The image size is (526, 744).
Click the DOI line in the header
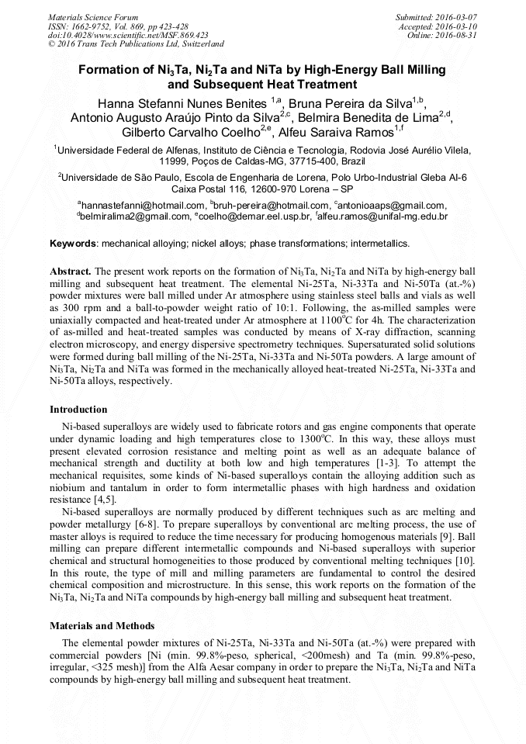(x=128, y=35)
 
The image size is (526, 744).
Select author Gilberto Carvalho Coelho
(x=191, y=131)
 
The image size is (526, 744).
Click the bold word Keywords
(x=73, y=244)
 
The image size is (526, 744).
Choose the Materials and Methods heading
(x=102, y=625)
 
